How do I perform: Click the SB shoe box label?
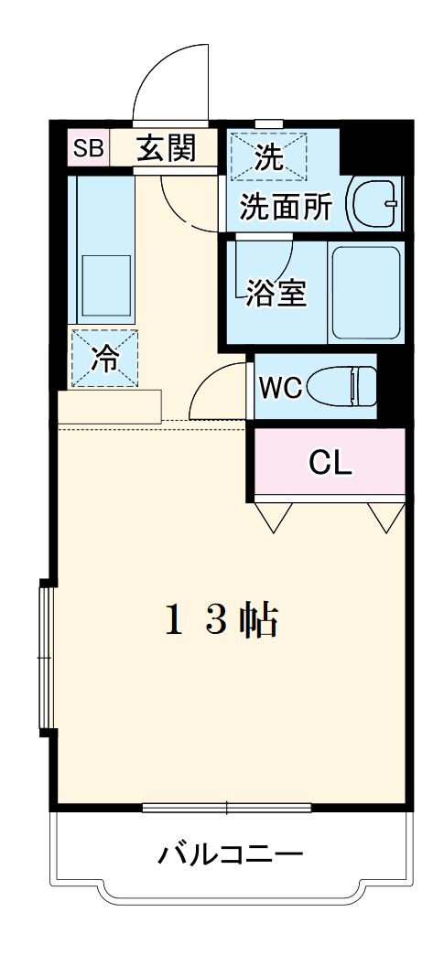[89, 148]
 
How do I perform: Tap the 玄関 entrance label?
[167, 148]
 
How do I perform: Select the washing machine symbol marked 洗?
[268, 157]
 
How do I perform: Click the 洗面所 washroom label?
[285, 207]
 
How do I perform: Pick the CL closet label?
[330, 464]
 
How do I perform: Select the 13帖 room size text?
[222, 622]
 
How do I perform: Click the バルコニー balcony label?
[230, 856]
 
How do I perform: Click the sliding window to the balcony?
[229, 807]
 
